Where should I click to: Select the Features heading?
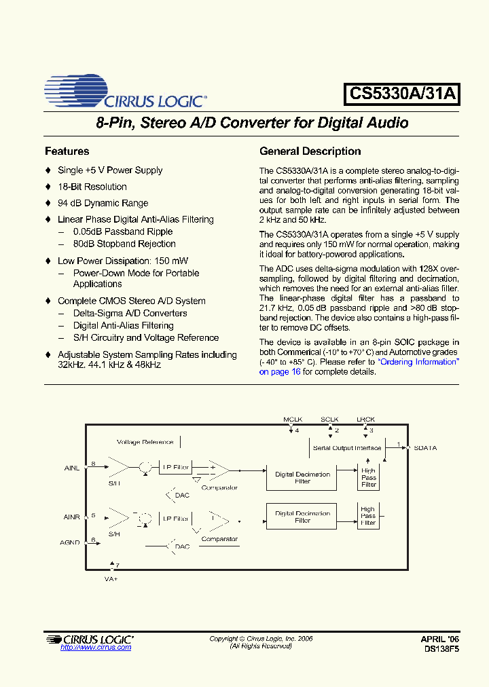point(67,151)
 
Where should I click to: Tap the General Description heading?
point(310,151)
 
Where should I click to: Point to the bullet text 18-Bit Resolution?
point(92,187)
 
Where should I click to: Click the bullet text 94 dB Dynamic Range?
point(103,203)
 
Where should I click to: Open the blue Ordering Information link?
point(419,362)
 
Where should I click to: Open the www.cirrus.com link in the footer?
point(96,648)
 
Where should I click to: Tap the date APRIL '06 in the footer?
point(439,639)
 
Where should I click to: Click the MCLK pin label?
point(292,420)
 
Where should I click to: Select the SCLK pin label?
point(329,420)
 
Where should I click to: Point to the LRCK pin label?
point(365,420)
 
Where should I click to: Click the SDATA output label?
point(425,448)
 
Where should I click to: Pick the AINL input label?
point(72,468)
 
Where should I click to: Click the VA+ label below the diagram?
point(112,580)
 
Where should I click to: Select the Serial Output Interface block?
point(347,448)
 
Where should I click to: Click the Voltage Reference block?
point(145,442)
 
